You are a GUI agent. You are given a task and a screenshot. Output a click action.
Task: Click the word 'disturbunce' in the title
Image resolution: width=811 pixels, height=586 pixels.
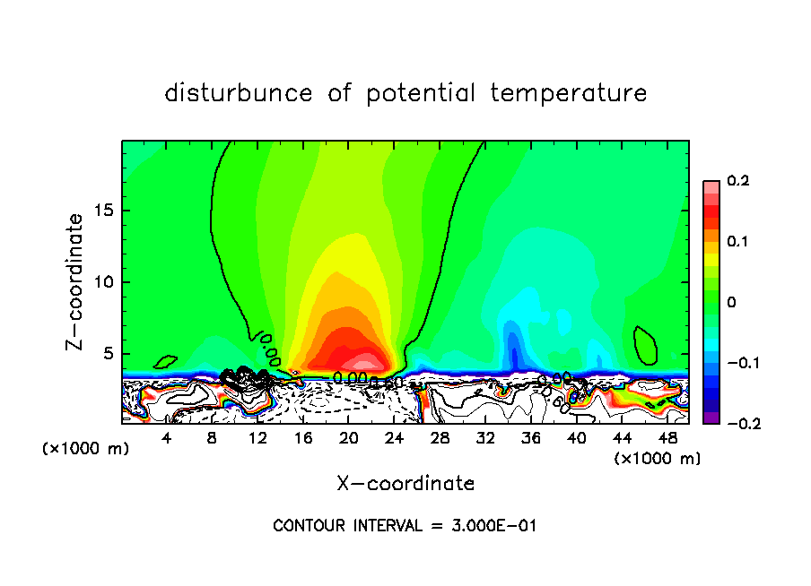(x=240, y=93)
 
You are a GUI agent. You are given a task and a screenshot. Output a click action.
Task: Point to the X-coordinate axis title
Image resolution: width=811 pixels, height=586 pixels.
(x=405, y=484)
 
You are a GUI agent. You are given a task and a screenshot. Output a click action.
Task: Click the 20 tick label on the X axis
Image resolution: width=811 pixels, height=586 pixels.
(x=348, y=438)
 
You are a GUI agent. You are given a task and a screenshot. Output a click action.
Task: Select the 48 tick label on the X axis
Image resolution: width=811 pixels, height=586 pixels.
(x=667, y=438)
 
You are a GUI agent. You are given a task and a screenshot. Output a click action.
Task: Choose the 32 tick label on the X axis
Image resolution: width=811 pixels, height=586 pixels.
(x=485, y=438)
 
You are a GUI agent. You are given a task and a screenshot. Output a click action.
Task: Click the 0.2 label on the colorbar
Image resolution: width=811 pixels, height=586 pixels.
(x=737, y=181)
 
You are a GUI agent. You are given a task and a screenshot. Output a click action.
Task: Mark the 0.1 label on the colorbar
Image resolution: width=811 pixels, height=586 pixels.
(x=737, y=242)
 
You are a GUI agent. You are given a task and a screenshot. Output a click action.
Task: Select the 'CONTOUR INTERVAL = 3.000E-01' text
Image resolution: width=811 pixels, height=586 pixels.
(x=405, y=526)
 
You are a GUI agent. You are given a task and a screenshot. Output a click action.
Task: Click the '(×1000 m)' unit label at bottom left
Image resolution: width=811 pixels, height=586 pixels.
(x=86, y=449)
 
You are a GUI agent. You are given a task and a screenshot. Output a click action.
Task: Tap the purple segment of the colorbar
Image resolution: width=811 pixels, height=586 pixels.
(x=711, y=417)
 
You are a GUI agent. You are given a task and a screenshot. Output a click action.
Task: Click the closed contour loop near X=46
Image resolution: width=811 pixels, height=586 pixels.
(x=645, y=346)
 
